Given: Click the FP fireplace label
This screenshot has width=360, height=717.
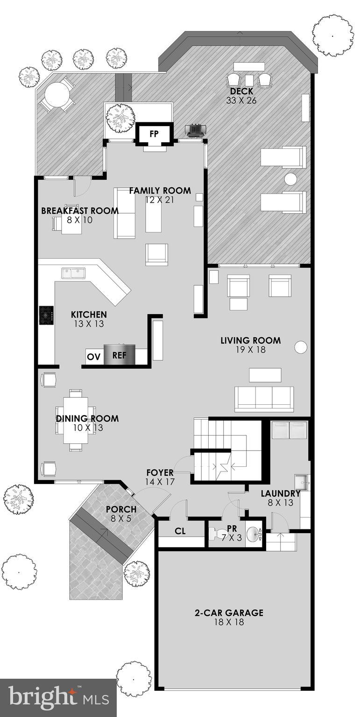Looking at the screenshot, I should coord(154,134).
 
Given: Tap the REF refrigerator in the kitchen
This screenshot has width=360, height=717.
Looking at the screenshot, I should coord(119,355).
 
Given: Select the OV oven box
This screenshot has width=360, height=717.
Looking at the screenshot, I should coord(93,357).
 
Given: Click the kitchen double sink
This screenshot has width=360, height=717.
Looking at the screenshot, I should coord(73,273).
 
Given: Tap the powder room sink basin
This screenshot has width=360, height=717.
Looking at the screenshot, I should coord(252,534).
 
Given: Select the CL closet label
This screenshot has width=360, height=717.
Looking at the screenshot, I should coord(181,531).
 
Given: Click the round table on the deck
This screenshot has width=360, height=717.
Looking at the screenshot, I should coord(57,95).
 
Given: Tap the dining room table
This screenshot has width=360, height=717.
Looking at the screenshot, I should coord(76,420).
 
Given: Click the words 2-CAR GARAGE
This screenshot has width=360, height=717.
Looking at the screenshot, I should coord(229,612).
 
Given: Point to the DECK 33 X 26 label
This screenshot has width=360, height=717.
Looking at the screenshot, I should coord(241,96).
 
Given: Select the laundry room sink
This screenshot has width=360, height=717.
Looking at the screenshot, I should coord(301,481).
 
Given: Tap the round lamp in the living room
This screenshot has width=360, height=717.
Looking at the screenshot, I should coord(301,347).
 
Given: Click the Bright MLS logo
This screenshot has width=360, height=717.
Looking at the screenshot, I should coord(58,697).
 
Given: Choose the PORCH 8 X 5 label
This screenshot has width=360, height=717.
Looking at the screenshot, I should coord(121,513).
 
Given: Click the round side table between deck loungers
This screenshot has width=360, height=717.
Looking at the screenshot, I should coord(291,179).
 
